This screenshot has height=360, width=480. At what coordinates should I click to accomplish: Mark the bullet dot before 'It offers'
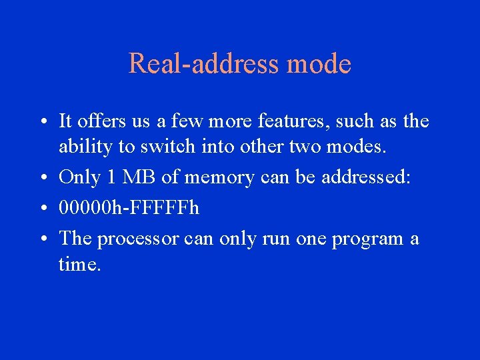click(x=42, y=123)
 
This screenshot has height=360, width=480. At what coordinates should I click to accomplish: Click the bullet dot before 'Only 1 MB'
click(x=42, y=179)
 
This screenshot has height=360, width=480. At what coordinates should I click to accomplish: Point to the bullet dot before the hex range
click(x=42, y=209)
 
